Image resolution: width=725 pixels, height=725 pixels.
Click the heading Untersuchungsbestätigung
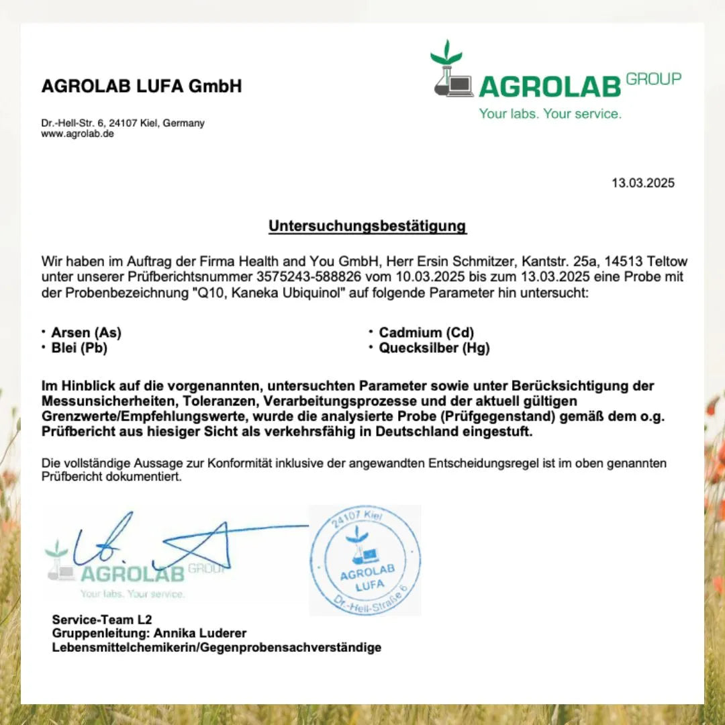[367, 226]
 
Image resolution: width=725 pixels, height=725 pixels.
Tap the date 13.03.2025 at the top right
[642, 183]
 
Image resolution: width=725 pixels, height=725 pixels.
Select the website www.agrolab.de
[78, 134]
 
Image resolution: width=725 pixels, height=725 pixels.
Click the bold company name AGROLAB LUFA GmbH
[142, 87]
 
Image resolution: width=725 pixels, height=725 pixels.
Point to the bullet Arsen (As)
[86, 332]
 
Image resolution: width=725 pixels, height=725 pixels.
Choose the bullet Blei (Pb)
[79, 348]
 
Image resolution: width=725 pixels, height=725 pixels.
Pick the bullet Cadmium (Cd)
[426, 332]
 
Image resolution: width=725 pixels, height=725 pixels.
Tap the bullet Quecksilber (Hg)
[434, 348]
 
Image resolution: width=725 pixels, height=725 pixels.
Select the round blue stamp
[365, 561]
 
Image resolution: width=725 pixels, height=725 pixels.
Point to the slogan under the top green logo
[550, 114]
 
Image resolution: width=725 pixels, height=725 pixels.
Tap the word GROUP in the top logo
[653, 79]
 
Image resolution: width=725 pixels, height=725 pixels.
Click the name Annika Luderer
[200, 633]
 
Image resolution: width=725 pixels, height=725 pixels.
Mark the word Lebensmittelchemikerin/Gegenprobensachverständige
[217, 648]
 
